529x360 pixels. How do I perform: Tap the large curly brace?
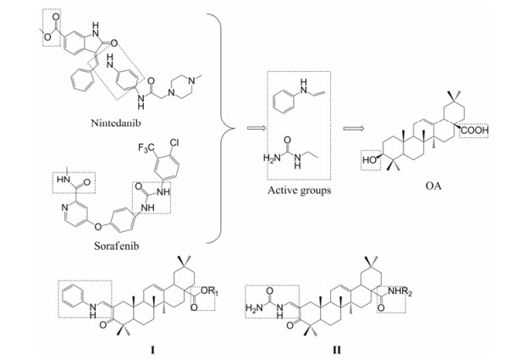pyautogui.click(x=222, y=127)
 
